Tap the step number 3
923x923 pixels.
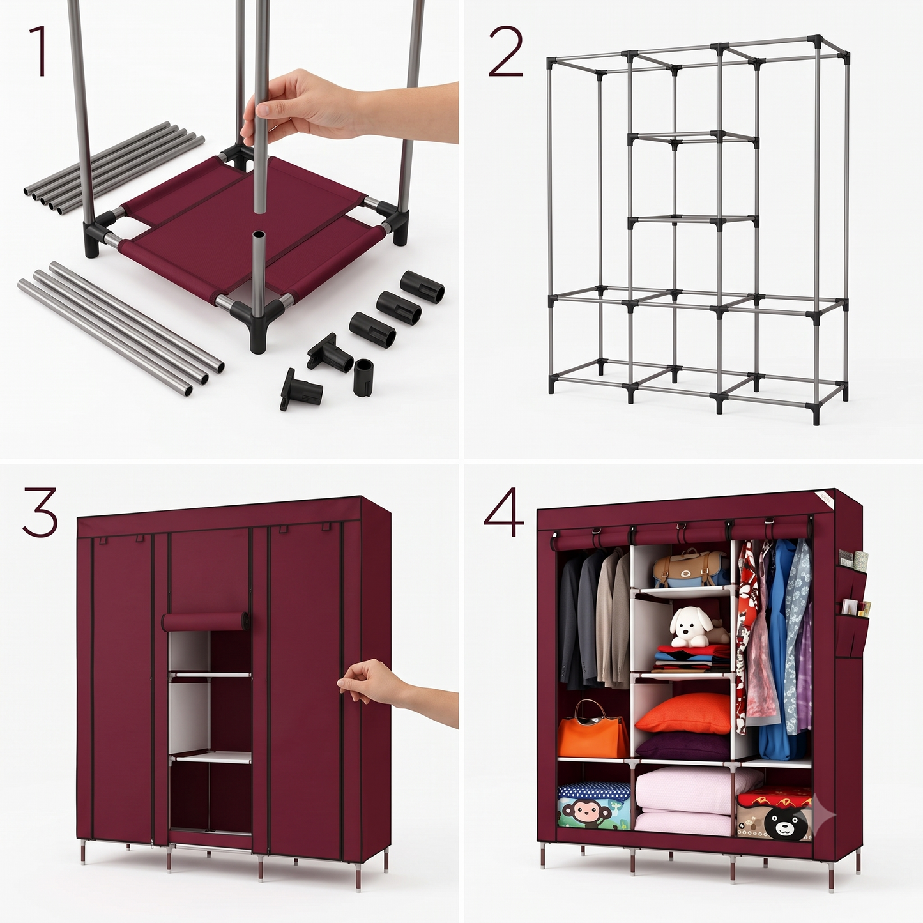coord(40,512)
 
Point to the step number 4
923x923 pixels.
coord(505,512)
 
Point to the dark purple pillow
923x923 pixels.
coord(683,747)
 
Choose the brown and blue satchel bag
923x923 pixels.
coord(690,569)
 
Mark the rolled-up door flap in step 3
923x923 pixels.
coord(205,622)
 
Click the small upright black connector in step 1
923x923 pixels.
coord(363,378)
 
